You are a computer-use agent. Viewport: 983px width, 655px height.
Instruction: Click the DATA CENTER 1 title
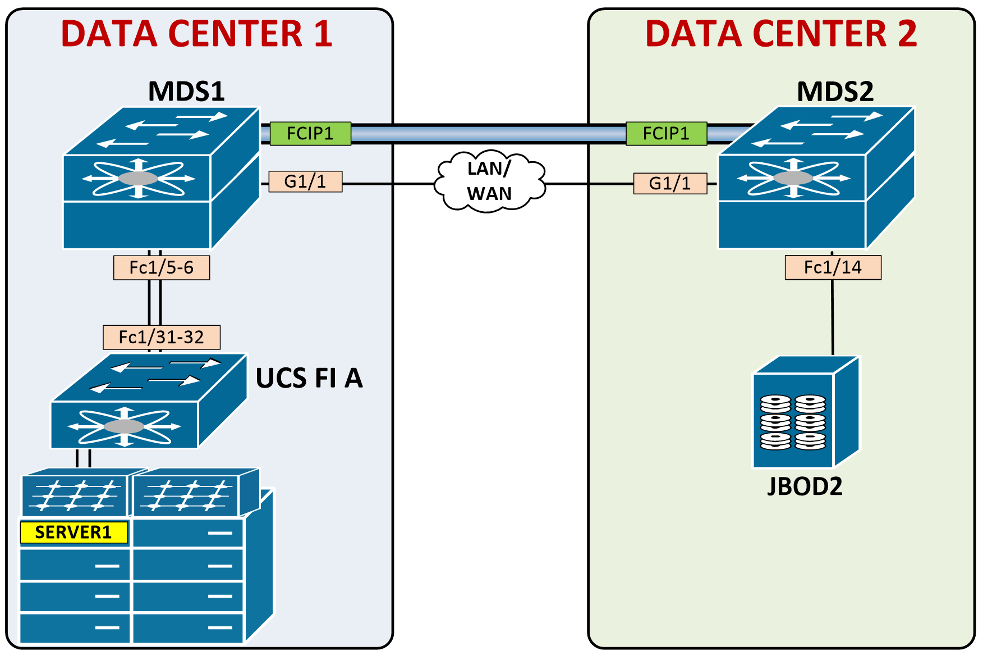point(196,34)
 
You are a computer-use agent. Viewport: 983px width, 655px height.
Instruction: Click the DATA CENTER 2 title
point(781,34)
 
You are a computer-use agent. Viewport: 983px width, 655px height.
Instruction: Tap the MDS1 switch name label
point(186,91)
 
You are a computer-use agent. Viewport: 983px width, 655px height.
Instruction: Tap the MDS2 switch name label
point(835,92)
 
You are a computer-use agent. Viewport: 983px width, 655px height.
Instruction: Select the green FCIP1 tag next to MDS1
point(310,134)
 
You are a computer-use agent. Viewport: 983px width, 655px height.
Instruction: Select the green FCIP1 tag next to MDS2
point(666,134)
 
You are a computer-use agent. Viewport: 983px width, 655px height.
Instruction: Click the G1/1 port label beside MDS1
point(305,182)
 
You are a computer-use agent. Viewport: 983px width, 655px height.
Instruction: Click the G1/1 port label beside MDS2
point(670,184)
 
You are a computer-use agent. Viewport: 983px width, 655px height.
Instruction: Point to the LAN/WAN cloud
point(489,181)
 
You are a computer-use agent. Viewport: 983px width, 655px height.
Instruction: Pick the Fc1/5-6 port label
point(162,268)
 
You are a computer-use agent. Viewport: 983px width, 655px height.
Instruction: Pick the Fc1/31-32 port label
point(162,338)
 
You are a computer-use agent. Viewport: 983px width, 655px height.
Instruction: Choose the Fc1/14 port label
point(833,268)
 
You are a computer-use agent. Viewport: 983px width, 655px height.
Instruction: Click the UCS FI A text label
point(309,378)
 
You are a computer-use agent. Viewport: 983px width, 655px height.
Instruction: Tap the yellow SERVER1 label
point(74,533)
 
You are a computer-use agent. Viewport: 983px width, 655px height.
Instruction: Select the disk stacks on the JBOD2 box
point(793,422)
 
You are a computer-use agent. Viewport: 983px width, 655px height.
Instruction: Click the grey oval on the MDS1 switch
point(138,179)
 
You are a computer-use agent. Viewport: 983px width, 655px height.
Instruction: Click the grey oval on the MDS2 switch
point(793,178)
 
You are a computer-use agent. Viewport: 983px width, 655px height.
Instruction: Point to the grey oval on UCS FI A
point(124,426)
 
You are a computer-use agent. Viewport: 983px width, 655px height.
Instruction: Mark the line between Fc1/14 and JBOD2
point(833,317)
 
